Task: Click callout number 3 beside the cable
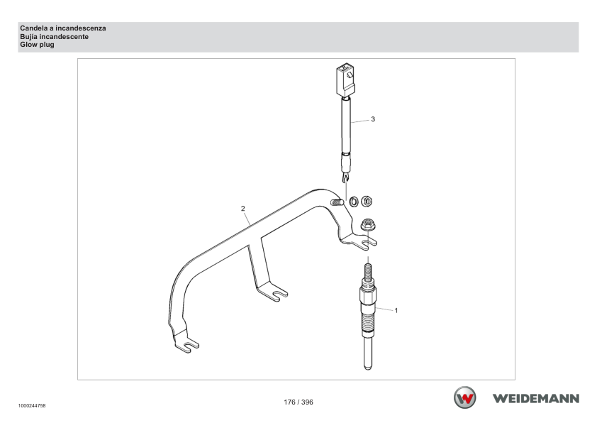coord(373,119)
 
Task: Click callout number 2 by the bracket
coord(243,209)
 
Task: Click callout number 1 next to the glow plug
coord(396,311)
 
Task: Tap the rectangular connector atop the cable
coord(345,80)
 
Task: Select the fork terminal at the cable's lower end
coord(345,177)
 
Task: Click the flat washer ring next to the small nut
coord(354,201)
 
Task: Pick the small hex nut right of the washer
coord(367,201)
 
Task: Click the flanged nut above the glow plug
coord(367,224)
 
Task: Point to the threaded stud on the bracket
coord(337,202)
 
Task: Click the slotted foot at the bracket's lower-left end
coord(186,344)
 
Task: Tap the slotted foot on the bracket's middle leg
coord(272,292)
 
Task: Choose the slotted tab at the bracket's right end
coord(359,241)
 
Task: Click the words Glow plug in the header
coord(38,45)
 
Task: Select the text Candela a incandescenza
coord(63,28)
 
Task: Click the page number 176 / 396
coord(298,402)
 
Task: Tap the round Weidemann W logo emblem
coord(464,397)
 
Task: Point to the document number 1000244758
coord(32,406)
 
